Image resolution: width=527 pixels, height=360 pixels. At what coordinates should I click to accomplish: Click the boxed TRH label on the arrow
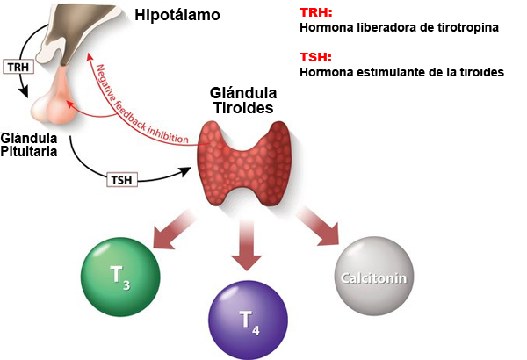[x=18, y=67]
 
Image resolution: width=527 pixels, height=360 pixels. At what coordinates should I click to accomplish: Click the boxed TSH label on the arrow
[x=122, y=180]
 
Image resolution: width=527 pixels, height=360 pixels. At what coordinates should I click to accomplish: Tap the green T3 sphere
[x=120, y=277]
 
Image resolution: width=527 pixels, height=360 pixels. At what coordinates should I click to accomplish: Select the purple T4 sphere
[x=249, y=320]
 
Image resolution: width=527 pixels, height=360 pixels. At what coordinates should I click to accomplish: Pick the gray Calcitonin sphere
[x=374, y=276]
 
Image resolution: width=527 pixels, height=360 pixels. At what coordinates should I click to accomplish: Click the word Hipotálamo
[x=177, y=15]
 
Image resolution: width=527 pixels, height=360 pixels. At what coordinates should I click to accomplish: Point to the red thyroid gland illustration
[x=244, y=163]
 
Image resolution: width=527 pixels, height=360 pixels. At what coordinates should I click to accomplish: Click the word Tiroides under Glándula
[x=243, y=108]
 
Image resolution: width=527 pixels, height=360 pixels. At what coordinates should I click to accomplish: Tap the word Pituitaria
[x=29, y=152]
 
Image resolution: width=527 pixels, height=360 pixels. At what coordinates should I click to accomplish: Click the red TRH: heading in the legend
[x=316, y=13]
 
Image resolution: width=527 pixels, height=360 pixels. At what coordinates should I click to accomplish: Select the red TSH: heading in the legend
[x=315, y=57]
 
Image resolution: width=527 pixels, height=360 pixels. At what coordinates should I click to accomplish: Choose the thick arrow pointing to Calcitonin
[x=318, y=226]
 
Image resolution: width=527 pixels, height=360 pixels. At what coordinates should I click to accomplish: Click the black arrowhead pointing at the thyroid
[x=184, y=170]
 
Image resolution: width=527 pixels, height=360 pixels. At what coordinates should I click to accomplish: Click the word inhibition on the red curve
[x=168, y=133]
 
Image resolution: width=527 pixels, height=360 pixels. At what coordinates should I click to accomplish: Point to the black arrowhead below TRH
[x=23, y=90]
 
